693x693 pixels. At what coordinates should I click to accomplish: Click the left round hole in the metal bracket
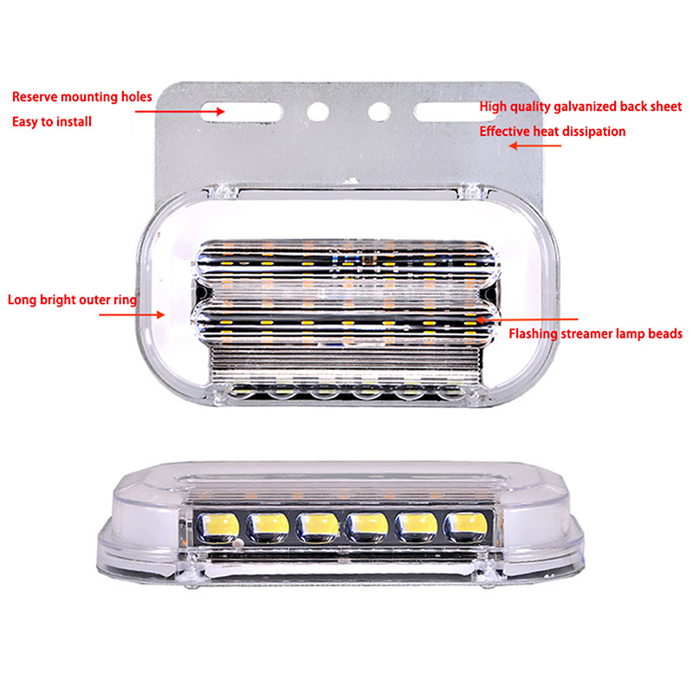[x=318, y=112]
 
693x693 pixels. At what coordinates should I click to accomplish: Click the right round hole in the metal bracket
[x=379, y=112]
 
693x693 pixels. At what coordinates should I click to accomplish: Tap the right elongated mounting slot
[x=456, y=112]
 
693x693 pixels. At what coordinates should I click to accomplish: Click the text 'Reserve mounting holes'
[x=82, y=97]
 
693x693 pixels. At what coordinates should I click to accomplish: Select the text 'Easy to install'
[x=52, y=121]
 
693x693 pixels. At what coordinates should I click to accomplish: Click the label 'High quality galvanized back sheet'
[x=580, y=107]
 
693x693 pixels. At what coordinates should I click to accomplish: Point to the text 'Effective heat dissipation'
[x=553, y=132]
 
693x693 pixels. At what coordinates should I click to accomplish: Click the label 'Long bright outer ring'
[x=72, y=300]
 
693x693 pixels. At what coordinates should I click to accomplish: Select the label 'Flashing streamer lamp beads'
[x=595, y=334]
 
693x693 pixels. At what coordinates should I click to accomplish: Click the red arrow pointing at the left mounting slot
[x=180, y=112]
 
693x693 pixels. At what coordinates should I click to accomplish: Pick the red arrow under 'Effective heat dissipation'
[x=534, y=146]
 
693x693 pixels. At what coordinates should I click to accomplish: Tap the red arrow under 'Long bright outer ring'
[x=132, y=314]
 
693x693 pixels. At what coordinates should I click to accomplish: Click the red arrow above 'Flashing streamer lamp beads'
[x=527, y=319]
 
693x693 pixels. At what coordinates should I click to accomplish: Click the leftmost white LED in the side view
[x=218, y=528]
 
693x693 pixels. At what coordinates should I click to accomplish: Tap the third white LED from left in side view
[x=317, y=528]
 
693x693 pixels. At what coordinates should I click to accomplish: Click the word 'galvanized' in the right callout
[x=585, y=107]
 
